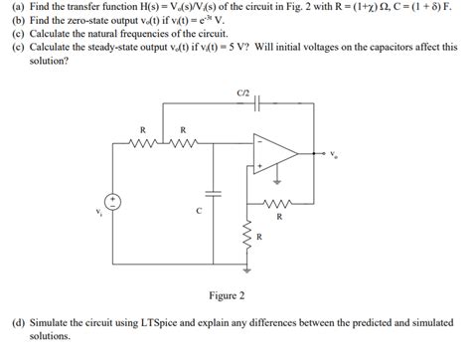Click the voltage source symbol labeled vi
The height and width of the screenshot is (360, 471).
coord(115,201)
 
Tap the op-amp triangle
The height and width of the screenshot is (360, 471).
coord(291,154)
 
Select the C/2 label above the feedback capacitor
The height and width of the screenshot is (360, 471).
coord(243,92)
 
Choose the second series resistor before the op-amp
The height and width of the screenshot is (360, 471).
coord(182,142)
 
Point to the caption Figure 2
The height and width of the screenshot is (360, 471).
coord(227,295)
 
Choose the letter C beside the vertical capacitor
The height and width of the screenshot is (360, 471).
coord(199,211)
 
